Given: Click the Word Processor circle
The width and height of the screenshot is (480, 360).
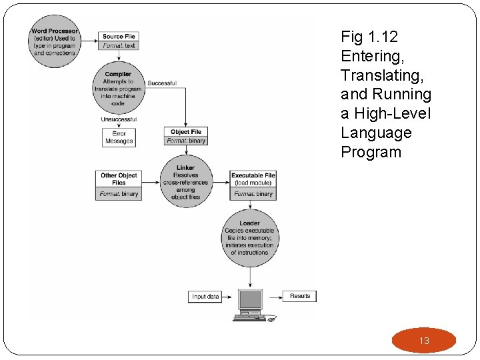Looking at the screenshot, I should pos(54,41).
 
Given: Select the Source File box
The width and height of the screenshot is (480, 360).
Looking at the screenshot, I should pos(119,41).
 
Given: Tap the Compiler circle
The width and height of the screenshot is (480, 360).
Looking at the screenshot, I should pos(118,89).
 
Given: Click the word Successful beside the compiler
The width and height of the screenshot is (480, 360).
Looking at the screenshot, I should pos(161,83).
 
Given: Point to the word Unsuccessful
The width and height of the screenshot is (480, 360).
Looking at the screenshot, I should pos(119,119).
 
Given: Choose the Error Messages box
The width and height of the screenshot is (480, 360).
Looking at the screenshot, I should pos(119,137).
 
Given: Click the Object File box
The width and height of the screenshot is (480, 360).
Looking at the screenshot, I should pos(185,136).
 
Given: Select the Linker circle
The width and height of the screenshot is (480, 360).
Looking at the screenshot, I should pos(185,182).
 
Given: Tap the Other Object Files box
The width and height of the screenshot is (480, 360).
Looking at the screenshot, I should pos(119,184).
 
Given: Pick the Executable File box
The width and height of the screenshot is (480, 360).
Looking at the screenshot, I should pos(253,184).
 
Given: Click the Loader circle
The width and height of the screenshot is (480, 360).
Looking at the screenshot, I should pos(249,238).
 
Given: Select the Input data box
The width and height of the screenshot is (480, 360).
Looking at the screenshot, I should pos(205,296).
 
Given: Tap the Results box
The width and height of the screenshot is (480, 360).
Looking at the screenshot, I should pos(300,295).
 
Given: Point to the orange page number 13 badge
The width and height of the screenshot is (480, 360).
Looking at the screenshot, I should pos(424,341).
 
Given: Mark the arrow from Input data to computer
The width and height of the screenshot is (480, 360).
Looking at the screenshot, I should pos(230,296).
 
